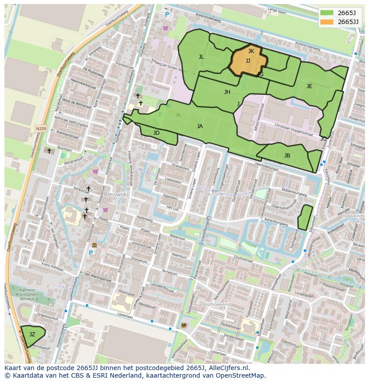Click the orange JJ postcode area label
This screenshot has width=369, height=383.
pos(247,61)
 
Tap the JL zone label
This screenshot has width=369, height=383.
pos(201,57)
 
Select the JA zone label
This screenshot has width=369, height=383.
pos(200,126)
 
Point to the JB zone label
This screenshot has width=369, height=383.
pos(287,156)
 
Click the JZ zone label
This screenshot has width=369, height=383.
pos(32,335)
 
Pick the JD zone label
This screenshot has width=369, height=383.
pos(156,133)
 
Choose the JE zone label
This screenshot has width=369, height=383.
pos(309,86)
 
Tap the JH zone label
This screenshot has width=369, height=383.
pos(227,92)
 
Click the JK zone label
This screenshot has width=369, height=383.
pos(251,51)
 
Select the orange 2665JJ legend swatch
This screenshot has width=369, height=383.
pos(327,22)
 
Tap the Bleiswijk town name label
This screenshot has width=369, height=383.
pos(117,194)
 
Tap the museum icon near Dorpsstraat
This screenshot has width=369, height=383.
pos(94,245)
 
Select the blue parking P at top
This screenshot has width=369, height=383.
pos(167,15)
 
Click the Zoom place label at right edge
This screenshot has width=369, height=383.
pos(355,222)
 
